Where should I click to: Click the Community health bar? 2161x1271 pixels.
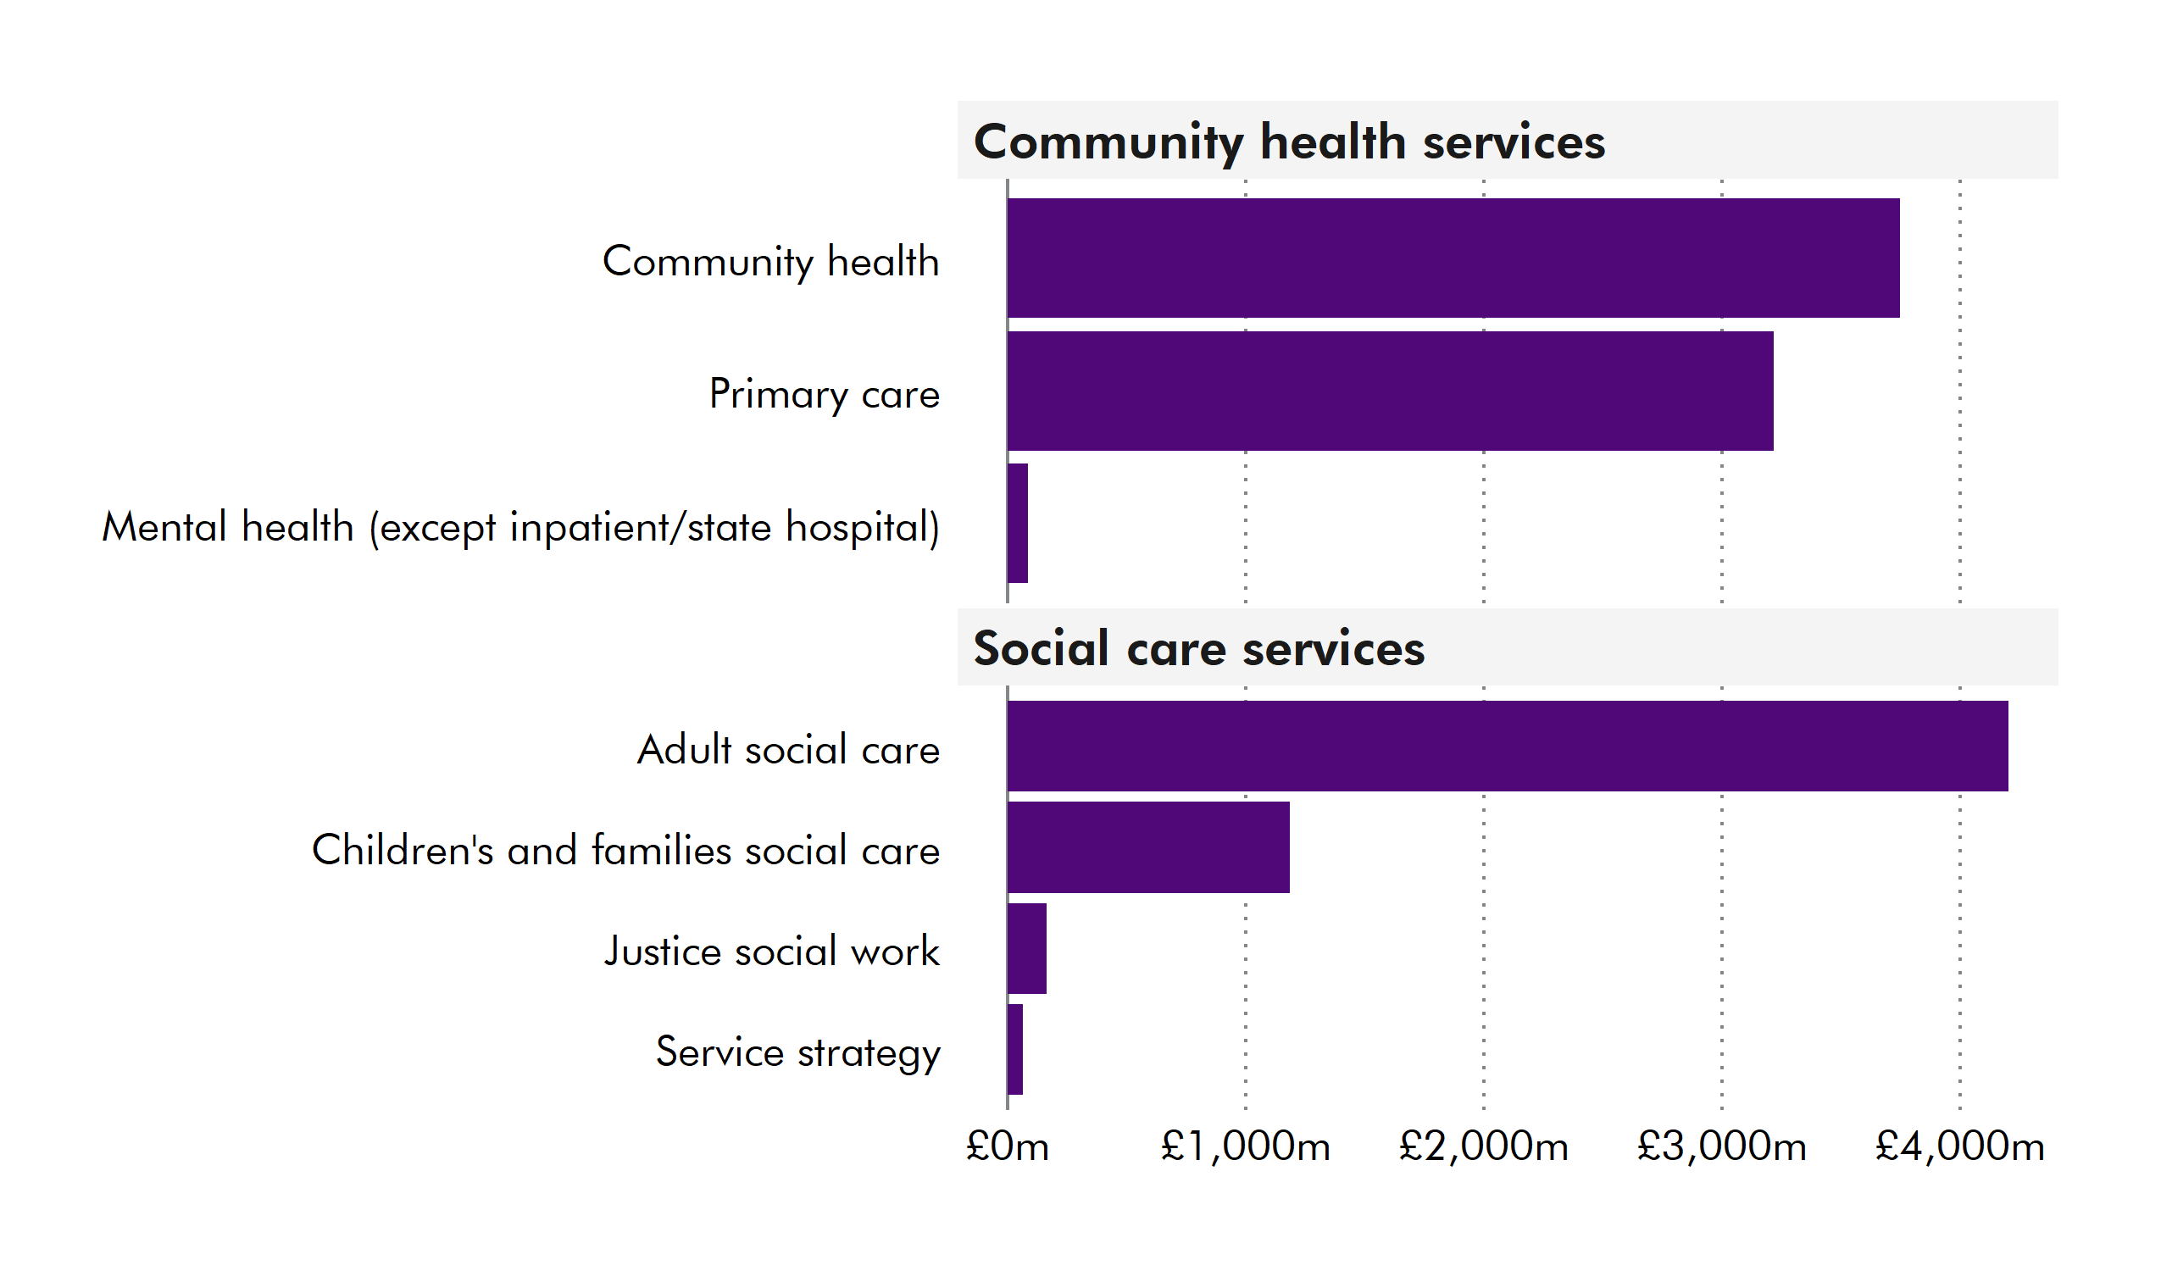1453,258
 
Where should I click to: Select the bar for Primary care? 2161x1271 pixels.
1389,391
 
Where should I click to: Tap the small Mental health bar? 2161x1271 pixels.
1017,523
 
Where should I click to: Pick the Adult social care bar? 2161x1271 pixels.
1507,747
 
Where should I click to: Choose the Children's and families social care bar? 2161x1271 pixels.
1148,847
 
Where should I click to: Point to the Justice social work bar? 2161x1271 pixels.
1026,948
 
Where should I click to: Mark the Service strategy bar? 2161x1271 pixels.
1015,1050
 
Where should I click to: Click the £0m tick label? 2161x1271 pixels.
1007,1146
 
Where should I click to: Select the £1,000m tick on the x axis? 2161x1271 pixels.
1245,1146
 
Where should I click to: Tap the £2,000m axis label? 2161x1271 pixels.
1484,1146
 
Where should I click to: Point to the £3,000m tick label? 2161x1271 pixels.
1721,1146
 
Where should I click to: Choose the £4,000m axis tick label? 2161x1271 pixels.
1959,1146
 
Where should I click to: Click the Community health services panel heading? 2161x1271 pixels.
1289,142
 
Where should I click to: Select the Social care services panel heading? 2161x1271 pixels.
1198,648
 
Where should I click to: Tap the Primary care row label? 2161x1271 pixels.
824,395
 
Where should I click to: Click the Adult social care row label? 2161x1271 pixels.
788,750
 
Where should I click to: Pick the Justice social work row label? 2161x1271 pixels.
772,952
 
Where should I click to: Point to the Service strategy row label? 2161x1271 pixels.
797,1053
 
